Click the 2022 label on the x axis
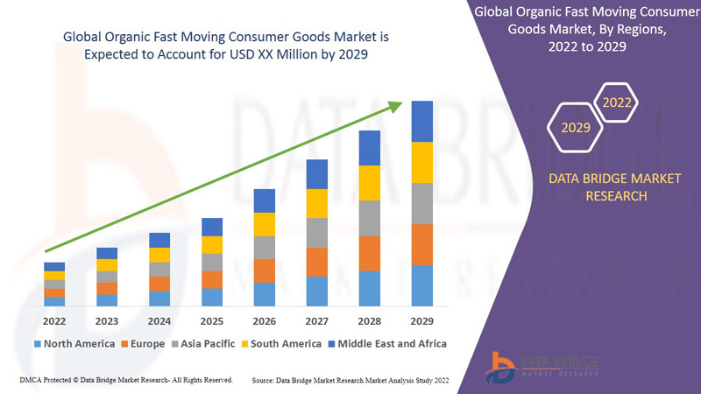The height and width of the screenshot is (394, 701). point(53,321)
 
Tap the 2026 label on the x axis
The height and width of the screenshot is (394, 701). point(264,321)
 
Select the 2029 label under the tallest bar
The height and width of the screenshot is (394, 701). point(421,321)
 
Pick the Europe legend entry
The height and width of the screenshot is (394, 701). point(142,343)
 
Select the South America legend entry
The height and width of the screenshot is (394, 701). point(279,343)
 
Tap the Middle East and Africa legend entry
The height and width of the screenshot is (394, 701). point(386,343)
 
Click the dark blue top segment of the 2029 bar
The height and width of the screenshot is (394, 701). point(422,121)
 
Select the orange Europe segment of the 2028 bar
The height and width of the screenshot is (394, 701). point(370,253)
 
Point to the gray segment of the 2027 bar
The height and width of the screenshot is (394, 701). point(317,232)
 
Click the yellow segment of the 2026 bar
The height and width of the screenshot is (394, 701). point(265,224)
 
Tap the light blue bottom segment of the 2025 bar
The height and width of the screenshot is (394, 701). point(212,297)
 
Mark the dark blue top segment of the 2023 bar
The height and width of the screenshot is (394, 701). point(107,253)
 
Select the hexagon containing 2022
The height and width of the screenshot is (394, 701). point(616,103)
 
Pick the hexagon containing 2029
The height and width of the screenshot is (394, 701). point(576,128)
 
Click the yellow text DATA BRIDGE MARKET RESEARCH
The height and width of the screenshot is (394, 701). point(601,186)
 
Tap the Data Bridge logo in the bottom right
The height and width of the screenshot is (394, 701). point(543,365)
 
